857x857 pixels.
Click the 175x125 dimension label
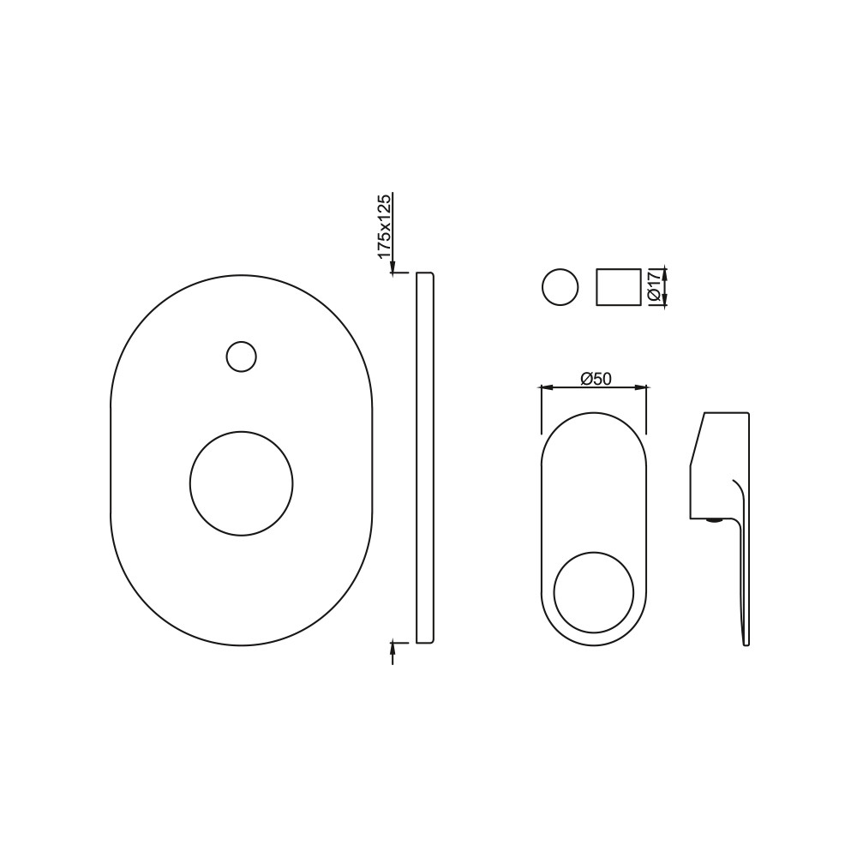pos(385,226)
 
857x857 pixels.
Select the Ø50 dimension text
pos(596,378)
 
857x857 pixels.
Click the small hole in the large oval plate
pos(241,357)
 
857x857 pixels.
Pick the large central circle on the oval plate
pos(241,483)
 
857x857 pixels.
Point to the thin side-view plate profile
pos(425,457)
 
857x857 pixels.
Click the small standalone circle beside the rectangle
pos(560,287)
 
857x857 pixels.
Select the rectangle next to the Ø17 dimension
pos(618,287)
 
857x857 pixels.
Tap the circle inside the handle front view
pos(594,592)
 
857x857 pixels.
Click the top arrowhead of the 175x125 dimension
pos(392,267)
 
